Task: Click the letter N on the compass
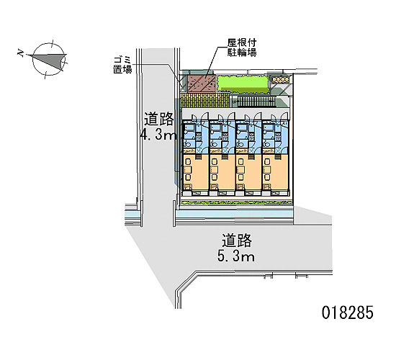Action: coord(21,53)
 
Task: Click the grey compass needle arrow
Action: coord(48,60)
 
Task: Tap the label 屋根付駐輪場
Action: coord(242,48)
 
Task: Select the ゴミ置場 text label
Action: coord(122,65)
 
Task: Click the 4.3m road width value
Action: coord(158,135)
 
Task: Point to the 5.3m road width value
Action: coord(236,256)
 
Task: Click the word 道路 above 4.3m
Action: coord(159,119)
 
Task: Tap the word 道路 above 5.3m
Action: coord(237,240)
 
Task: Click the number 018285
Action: coord(347,312)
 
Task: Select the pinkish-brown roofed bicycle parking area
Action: coord(202,84)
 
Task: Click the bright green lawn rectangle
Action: coord(243,84)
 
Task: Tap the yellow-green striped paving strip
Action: coord(205,100)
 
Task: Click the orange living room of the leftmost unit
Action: coord(195,172)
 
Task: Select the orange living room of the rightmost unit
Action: coord(275,172)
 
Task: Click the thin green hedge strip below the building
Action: coord(236,202)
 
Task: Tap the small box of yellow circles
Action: coord(280,80)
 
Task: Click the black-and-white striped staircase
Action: coord(253,102)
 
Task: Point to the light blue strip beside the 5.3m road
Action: coord(234,215)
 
